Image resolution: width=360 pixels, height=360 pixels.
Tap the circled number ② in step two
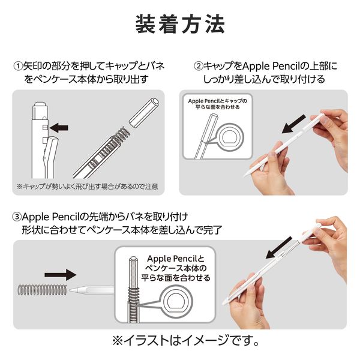click(x=198, y=65)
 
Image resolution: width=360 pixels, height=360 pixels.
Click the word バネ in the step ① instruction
click(x=155, y=65)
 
